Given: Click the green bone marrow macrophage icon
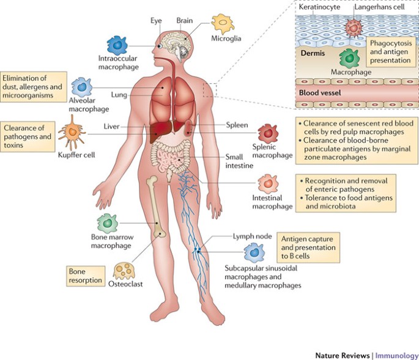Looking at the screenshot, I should pyautogui.click(x=108, y=225).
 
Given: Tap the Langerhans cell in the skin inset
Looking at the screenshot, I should pyautogui.click(x=354, y=28).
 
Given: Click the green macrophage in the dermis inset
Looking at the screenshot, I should pyautogui.click(x=350, y=58).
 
